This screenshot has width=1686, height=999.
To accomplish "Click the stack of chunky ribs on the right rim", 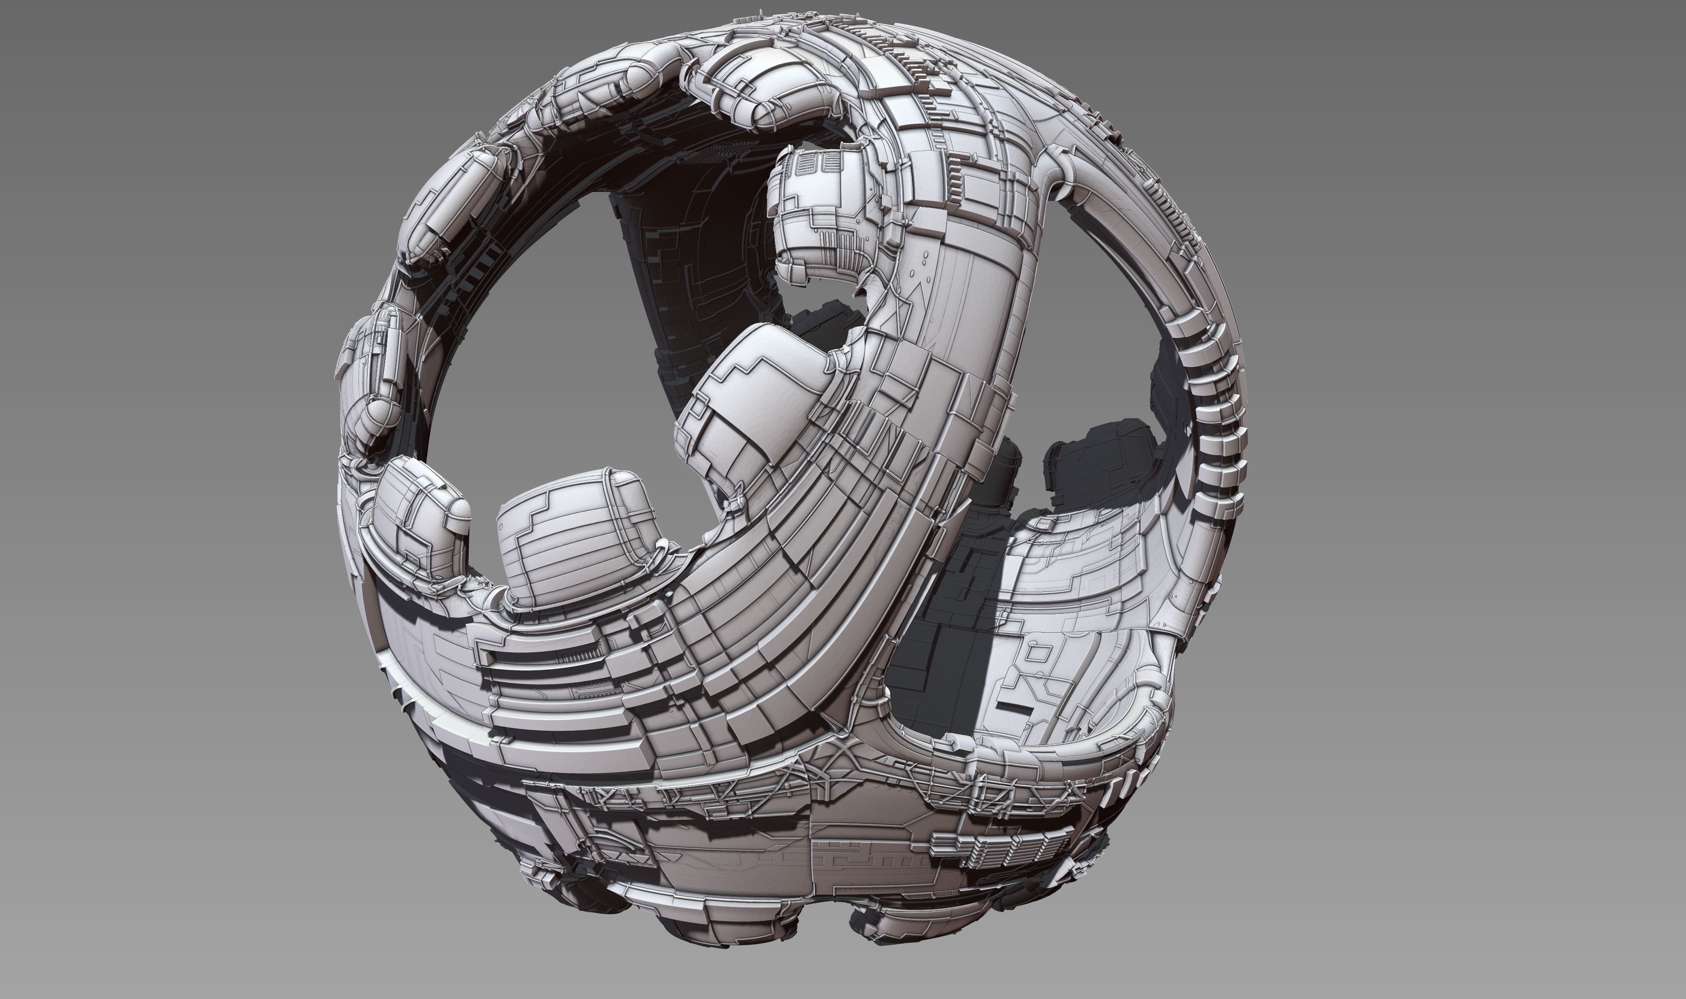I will click(1211, 418).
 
